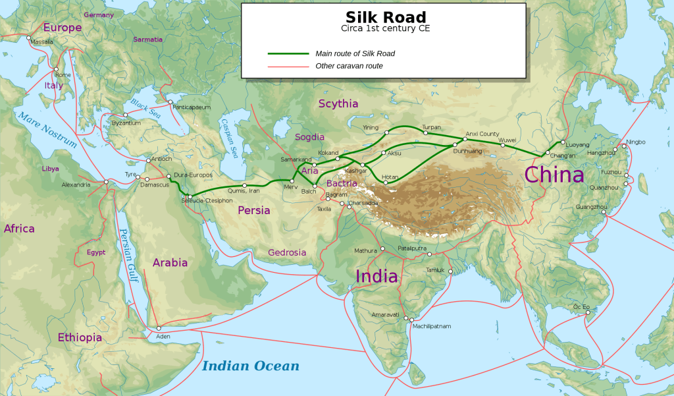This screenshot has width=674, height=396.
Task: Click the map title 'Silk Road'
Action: (x=386, y=17)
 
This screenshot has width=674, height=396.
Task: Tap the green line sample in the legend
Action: (x=288, y=53)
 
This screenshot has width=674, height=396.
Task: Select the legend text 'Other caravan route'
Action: (x=349, y=66)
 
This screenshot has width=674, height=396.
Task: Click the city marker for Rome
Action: (x=57, y=69)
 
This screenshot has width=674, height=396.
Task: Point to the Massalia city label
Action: (x=41, y=42)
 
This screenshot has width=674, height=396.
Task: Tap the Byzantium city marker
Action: (x=125, y=115)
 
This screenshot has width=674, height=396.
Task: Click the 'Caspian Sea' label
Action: (x=228, y=138)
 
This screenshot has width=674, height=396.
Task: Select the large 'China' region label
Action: (x=554, y=174)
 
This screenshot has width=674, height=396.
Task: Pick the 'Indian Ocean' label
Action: (x=250, y=366)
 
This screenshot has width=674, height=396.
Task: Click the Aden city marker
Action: (x=158, y=328)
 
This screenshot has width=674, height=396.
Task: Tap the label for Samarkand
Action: (x=296, y=159)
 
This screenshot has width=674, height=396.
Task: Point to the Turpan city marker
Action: (x=425, y=133)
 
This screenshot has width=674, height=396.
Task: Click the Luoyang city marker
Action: (x=561, y=142)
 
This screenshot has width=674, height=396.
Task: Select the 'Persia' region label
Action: (x=254, y=211)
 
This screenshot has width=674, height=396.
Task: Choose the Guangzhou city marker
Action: (x=603, y=212)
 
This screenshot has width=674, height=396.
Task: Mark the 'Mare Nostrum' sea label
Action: (x=47, y=130)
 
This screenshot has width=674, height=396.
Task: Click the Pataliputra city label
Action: (x=412, y=248)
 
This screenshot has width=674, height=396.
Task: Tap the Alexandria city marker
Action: (x=106, y=181)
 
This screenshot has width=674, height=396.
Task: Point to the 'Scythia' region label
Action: (x=338, y=103)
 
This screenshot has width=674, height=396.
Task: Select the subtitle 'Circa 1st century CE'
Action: (x=386, y=29)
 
